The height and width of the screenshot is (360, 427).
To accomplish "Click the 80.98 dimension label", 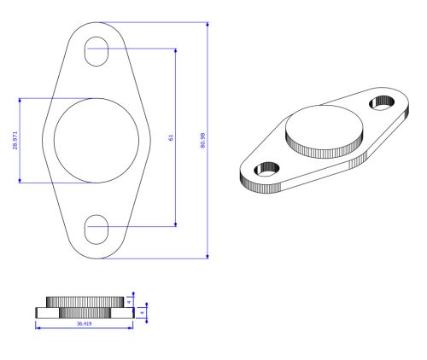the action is [x=202, y=140].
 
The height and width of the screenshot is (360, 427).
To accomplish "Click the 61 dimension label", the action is [x=171, y=137].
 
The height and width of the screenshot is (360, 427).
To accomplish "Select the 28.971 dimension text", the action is [x=15, y=140].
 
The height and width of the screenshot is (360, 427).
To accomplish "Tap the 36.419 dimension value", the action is [x=85, y=323].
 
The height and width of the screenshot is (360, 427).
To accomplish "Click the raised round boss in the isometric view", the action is [x=325, y=131].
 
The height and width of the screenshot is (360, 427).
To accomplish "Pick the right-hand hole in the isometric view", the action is [x=382, y=102].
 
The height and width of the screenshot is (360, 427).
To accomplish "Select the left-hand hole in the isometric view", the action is [x=266, y=169].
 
